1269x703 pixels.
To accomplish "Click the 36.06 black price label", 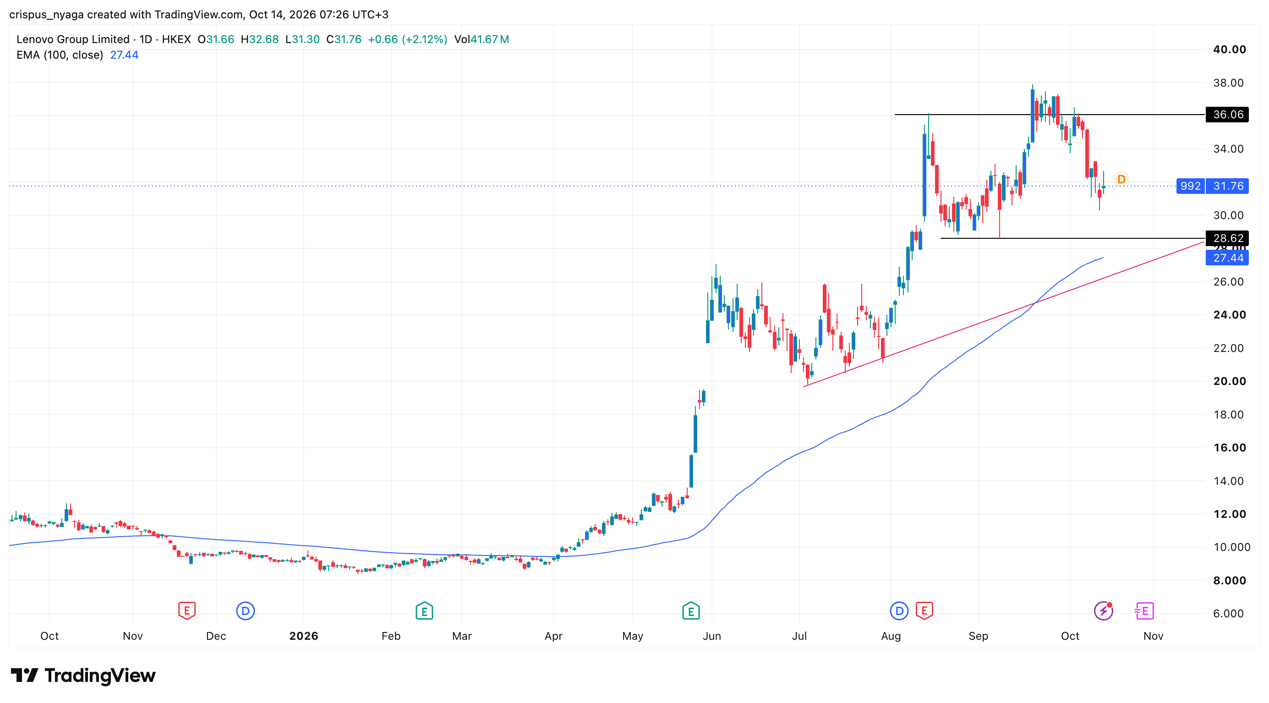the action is point(1227,114).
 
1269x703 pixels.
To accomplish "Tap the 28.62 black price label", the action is point(1227,238).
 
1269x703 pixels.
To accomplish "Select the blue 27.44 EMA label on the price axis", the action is point(1227,258).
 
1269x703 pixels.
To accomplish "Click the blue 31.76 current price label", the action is point(1227,186).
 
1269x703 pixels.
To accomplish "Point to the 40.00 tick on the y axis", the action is point(1229,49).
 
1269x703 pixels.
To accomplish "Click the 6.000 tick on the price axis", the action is point(1229,613).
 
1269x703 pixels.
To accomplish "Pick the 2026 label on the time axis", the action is point(303,636).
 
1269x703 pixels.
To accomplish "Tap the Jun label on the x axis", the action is point(711,636).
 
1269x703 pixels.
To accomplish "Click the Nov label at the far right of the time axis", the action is point(1153,636).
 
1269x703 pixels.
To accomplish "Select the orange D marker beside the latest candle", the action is point(1121,179).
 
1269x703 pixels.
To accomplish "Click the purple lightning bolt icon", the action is point(1104,611).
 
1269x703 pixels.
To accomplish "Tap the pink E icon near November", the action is point(1144,611).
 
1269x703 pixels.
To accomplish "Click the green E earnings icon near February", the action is point(424,611).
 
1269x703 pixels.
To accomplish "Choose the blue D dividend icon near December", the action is point(246,611).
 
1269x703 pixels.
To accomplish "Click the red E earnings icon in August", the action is point(924,611).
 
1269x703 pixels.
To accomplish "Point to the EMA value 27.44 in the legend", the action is point(124,55).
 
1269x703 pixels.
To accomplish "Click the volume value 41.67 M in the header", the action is point(490,39).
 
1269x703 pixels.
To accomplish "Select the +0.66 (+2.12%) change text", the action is point(407,39).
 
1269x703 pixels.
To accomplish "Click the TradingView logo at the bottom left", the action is point(83,676).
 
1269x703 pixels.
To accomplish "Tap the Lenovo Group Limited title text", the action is point(73,39).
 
